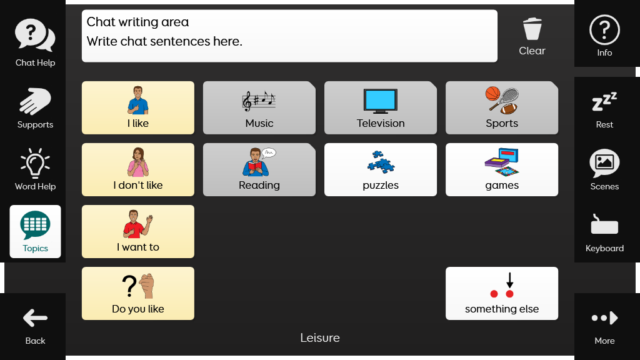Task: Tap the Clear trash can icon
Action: [532, 29]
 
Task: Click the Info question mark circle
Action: [604, 30]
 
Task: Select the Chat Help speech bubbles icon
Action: [35, 35]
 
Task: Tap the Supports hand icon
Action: [35, 101]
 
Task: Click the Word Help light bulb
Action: [35, 164]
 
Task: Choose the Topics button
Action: [35, 231]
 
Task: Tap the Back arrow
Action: [35, 318]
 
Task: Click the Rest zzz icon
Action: [604, 101]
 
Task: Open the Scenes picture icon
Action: [604, 163]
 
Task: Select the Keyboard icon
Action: [604, 225]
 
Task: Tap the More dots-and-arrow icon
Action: [604, 318]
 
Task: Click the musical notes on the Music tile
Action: [259, 101]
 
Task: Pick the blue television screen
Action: [381, 99]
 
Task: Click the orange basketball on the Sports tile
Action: [492, 94]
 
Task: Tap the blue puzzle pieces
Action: [381, 162]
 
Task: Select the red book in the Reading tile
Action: [255, 167]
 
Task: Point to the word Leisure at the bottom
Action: [320, 338]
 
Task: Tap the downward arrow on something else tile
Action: [510, 280]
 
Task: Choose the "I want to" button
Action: [138, 231]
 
